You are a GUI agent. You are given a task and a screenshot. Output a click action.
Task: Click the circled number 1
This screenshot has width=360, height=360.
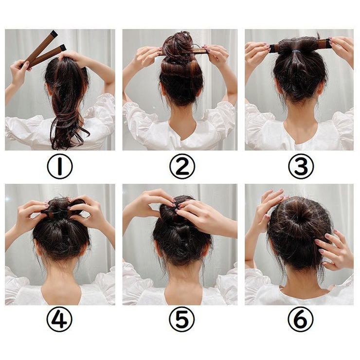click(x=60, y=166)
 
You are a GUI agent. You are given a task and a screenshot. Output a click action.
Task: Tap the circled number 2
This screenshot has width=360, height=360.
click(x=182, y=166)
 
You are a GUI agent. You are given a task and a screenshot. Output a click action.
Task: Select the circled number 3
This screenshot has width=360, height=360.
click(x=301, y=166)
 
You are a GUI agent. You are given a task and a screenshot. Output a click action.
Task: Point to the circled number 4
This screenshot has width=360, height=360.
click(x=60, y=319)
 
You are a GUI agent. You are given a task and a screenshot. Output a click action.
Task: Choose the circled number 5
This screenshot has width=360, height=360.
click(x=182, y=319)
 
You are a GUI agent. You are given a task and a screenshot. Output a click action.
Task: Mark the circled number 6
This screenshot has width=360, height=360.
click(x=301, y=319)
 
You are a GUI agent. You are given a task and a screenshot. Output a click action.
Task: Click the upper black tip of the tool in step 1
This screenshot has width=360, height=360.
click(x=54, y=34)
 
